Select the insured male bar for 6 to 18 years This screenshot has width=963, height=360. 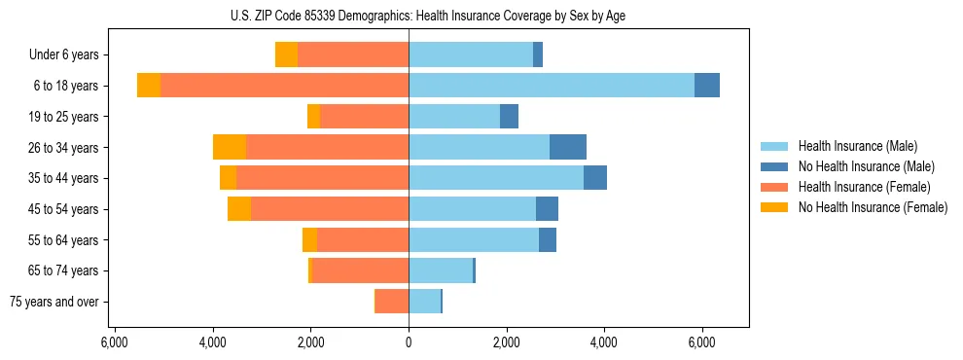pos(551,86)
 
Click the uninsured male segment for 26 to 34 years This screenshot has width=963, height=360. pos(568,147)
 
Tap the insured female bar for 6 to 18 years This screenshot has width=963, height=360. pos(284,86)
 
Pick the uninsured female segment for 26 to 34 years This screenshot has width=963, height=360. pos(230,147)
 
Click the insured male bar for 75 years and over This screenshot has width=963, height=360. pos(424,302)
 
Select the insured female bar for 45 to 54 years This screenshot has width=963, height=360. pos(329,209)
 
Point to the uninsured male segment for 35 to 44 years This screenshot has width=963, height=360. pos(595,178)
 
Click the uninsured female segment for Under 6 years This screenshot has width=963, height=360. pos(286,54)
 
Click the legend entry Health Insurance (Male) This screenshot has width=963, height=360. pos(857,146)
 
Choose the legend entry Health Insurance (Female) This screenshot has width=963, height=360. pos(864,187)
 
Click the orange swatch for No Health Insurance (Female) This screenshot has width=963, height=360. pos(775,207)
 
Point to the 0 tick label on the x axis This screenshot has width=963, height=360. pos(409,342)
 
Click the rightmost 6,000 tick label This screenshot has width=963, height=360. pos(702,342)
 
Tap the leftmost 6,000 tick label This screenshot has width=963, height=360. pos(115,342)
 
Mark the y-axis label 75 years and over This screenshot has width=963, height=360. pos(54,302)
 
